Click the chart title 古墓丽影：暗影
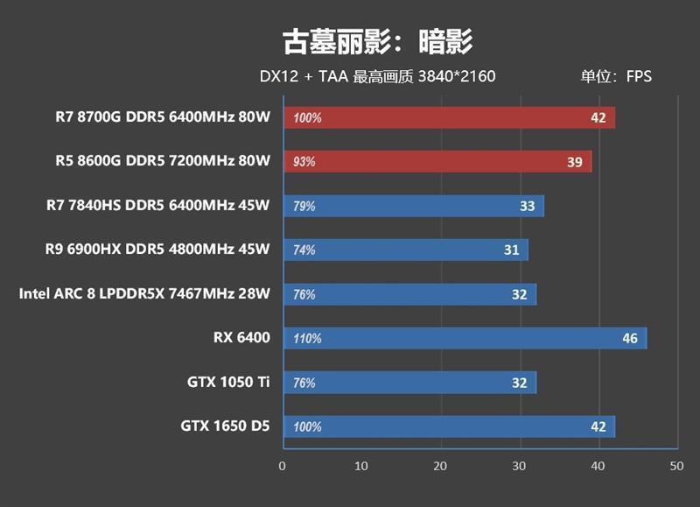(377, 41)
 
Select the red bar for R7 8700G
(449, 117)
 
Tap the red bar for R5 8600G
(437, 161)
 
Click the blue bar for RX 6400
(464, 338)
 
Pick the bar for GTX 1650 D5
(448, 426)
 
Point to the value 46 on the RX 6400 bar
(630, 338)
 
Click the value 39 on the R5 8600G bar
(575, 162)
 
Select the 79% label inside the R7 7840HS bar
(304, 207)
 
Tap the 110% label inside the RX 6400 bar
(307, 339)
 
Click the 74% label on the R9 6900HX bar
(304, 250)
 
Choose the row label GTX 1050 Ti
(228, 382)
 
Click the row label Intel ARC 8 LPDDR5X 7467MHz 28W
(144, 293)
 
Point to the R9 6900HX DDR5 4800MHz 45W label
(157, 250)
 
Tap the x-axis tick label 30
(519, 466)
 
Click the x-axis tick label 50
(675, 466)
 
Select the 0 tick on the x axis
(282, 466)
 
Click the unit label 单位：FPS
(616, 76)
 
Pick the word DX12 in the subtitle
(279, 76)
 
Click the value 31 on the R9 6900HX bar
(512, 250)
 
